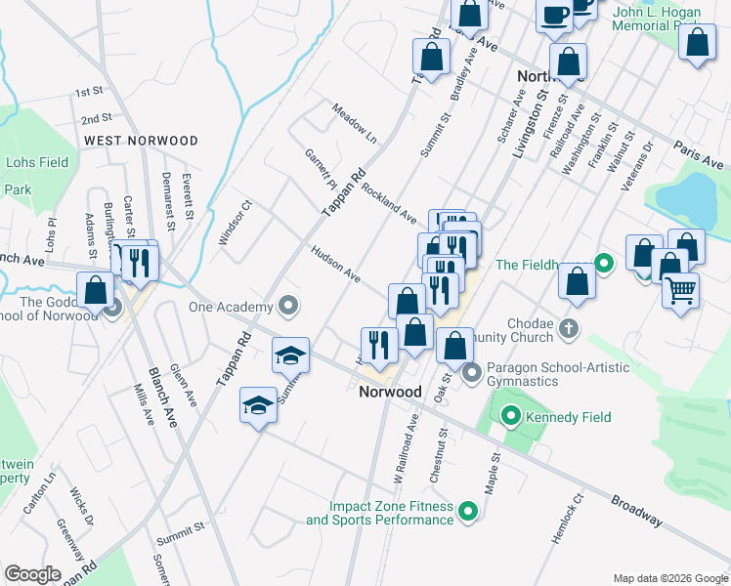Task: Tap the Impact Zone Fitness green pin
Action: (x=468, y=511)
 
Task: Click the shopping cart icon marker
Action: (x=681, y=289)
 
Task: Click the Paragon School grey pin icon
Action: (x=472, y=372)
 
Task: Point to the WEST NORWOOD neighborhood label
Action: (x=141, y=141)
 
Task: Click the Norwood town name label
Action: (x=390, y=392)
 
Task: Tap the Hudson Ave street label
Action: (x=336, y=263)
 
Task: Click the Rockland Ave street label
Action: (x=389, y=202)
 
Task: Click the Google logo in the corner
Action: (x=32, y=573)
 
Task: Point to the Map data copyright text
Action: (x=669, y=578)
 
